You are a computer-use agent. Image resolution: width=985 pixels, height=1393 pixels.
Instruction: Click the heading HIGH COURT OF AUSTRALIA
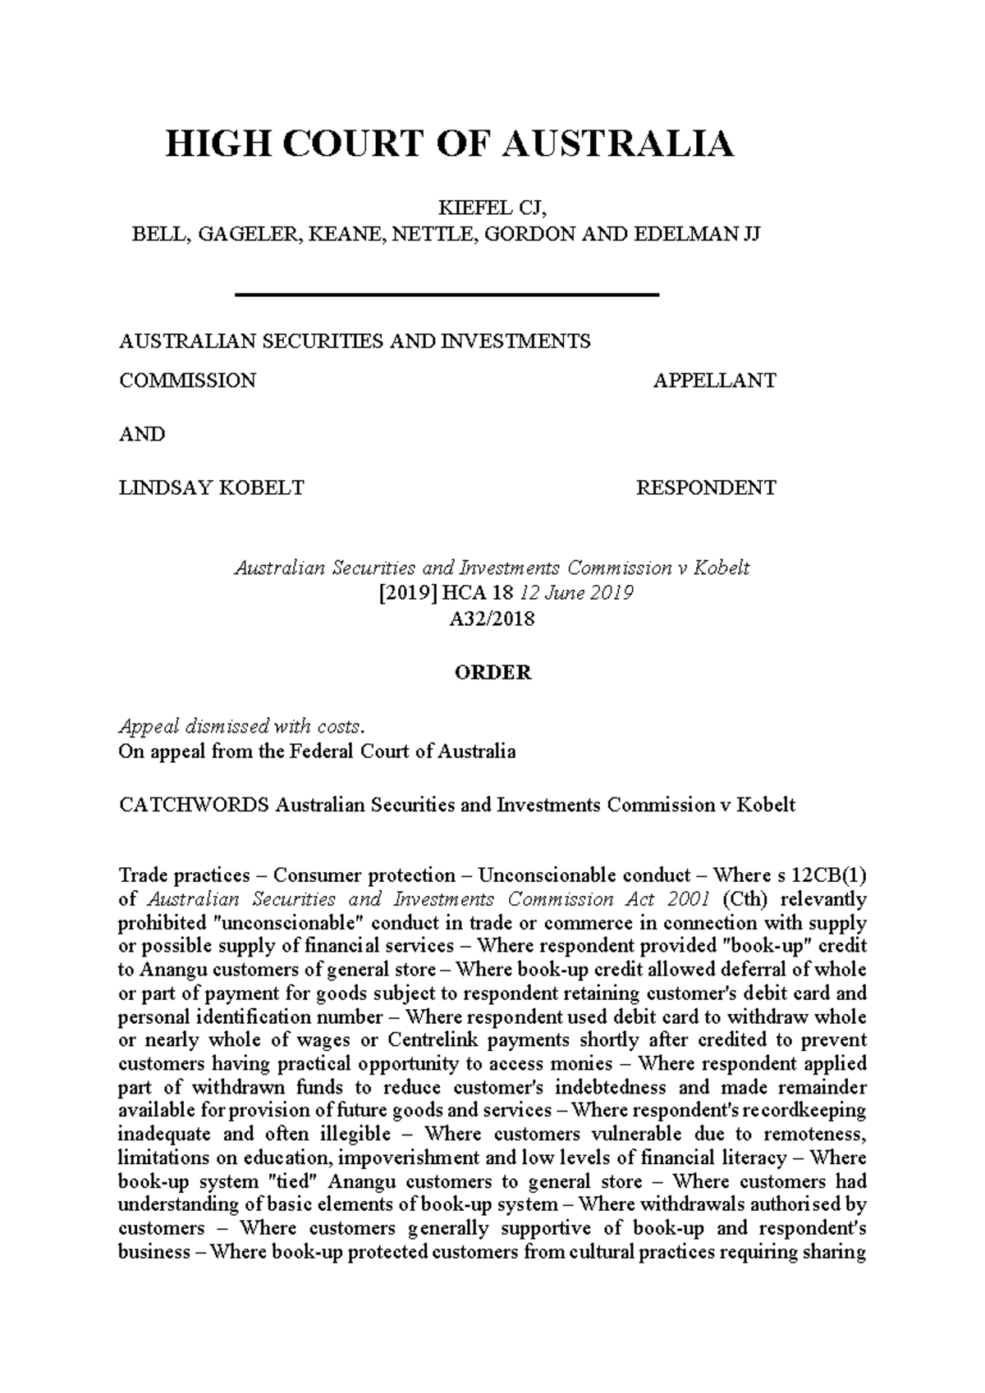tap(449, 144)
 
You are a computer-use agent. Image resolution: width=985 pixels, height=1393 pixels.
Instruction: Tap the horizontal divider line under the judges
tap(447, 295)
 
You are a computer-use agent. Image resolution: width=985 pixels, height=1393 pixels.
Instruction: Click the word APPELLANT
tap(714, 381)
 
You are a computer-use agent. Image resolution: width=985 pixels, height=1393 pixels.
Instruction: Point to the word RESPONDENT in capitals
tap(706, 488)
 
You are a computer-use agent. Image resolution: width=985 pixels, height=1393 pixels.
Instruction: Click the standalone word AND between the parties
tap(142, 435)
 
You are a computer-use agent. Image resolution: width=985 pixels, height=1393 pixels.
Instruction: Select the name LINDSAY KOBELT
tap(211, 488)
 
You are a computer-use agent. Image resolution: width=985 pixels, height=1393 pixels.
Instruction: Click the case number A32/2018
tap(492, 619)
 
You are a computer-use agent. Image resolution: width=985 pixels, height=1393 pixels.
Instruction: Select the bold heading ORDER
tap(493, 673)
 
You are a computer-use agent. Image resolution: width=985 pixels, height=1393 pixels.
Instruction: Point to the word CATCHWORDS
tap(194, 805)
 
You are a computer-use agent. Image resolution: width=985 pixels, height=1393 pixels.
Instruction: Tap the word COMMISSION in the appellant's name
tap(187, 381)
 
